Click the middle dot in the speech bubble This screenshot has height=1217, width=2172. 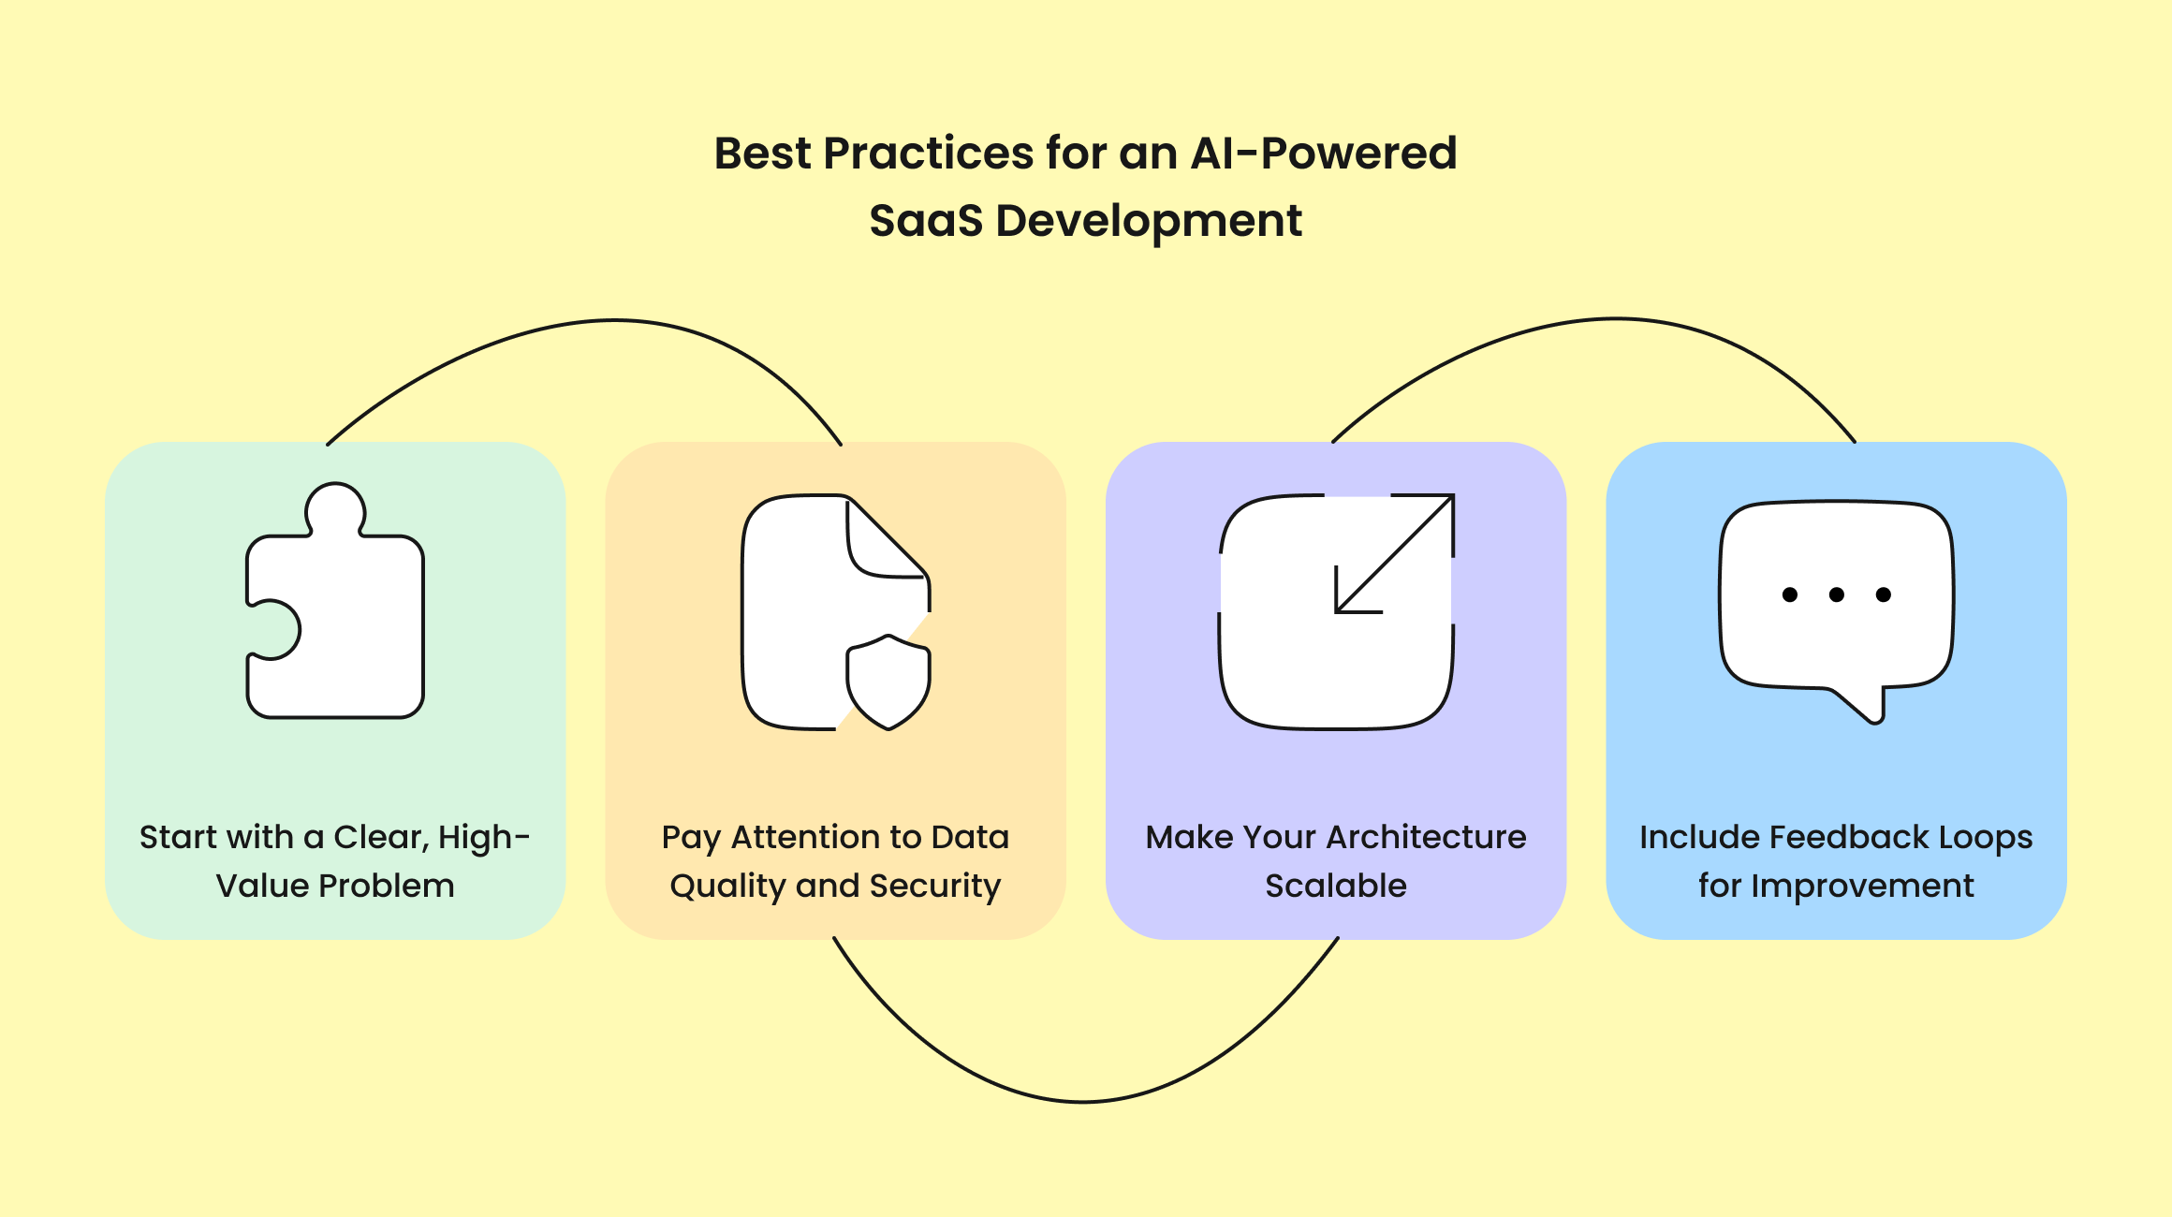coord(1836,594)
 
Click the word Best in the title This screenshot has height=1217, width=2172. coord(761,154)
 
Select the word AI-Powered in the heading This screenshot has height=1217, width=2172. coord(1323,154)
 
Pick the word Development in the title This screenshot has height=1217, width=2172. coord(1149,222)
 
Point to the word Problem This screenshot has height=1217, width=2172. coord(388,886)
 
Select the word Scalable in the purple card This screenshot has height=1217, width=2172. coord(1336,886)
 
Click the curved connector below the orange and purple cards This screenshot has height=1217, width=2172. coord(1082,1101)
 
